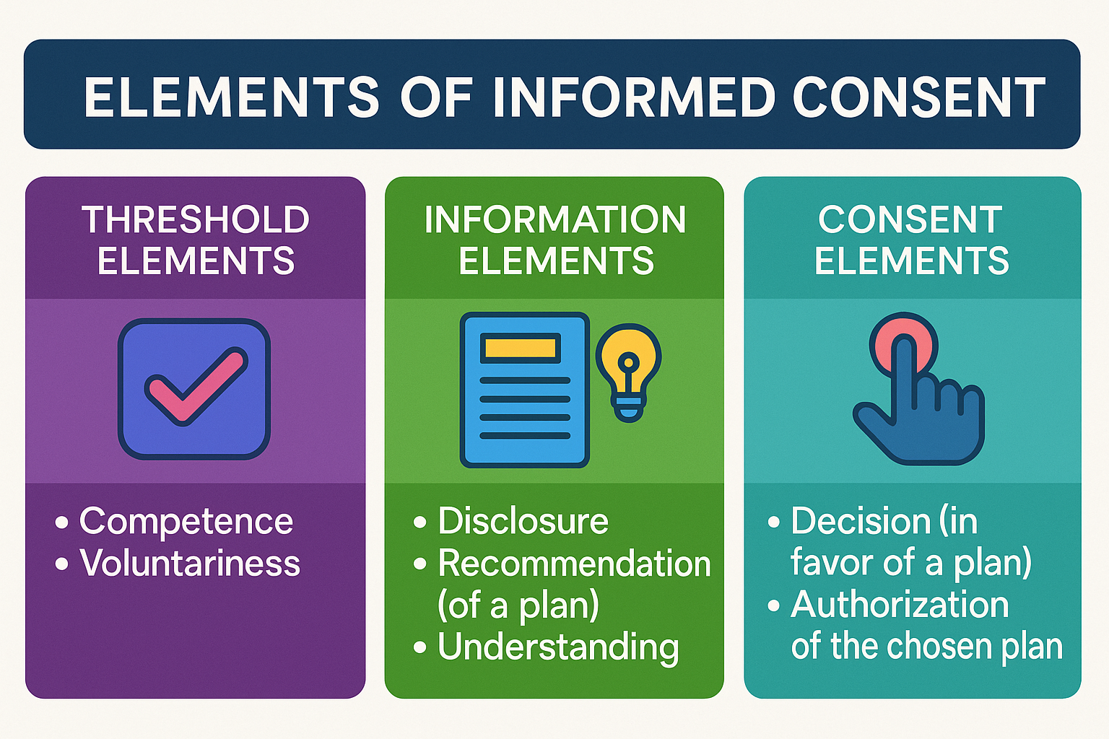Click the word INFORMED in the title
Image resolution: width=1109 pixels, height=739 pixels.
[633, 97]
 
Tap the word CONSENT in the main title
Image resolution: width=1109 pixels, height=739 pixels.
[918, 97]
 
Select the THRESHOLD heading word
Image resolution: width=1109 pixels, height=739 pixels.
[196, 219]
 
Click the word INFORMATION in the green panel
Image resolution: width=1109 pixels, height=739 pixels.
[554, 219]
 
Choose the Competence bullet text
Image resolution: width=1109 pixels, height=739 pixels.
[186, 521]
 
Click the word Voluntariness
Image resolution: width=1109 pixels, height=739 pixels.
[190, 563]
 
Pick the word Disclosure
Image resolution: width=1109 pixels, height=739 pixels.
[523, 521]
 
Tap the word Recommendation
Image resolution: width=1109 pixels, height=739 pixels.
[575, 563]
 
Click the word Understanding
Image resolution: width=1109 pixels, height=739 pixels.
[558, 647]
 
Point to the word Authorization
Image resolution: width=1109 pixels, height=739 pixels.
[900, 605]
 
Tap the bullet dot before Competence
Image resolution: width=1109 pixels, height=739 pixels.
[62, 522]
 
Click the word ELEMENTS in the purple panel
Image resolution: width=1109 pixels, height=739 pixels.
[196, 261]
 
